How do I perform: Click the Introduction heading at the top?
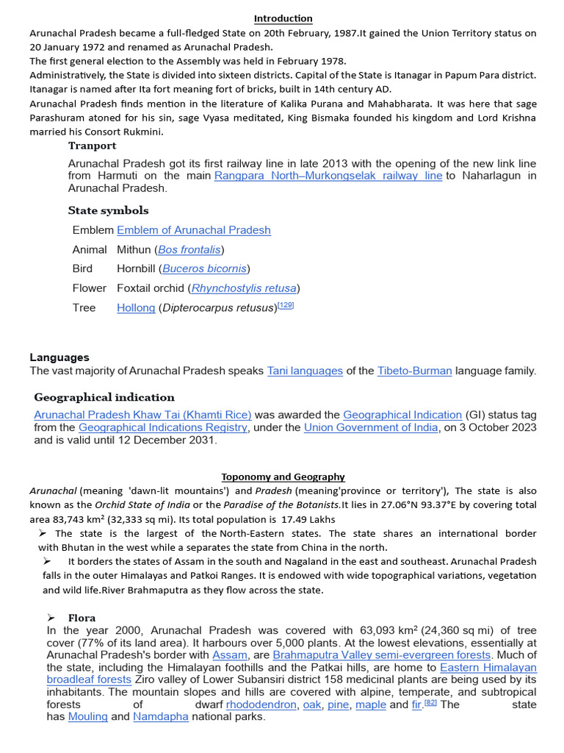pos(283,18)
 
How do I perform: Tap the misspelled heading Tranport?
pos(92,146)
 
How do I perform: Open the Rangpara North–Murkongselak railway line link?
pos(328,176)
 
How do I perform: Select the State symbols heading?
pos(108,210)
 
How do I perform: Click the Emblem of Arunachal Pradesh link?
pos(193,230)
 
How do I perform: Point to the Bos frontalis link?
pos(189,250)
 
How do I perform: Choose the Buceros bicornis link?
pos(204,269)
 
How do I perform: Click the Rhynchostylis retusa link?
pos(244,288)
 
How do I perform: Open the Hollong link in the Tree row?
pos(136,308)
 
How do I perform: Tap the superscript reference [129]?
pos(285,305)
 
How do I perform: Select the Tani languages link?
pos(305,371)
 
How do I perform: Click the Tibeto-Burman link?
pos(414,371)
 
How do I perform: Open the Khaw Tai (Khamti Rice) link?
pos(142,415)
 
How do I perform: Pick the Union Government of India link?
pos(371,428)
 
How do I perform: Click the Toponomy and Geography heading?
pos(283,477)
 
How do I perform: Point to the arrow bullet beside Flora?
pos(51,618)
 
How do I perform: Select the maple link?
pos(371,704)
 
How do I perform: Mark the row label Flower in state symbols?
pos(89,288)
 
